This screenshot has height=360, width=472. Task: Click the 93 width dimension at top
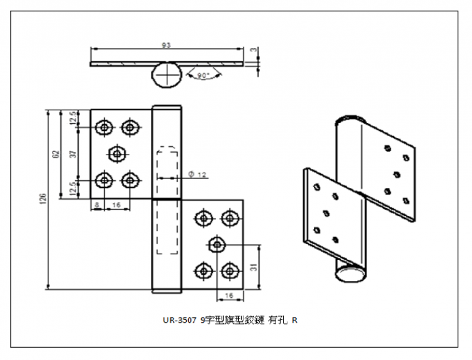[x=166, y=44]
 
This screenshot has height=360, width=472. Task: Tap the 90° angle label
[x=202, y=75]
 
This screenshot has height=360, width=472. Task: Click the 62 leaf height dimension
[x=55, y=153]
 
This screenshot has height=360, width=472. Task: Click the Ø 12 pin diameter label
[x=197, y=174]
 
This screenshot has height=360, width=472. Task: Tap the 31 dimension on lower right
[x=255, y=268]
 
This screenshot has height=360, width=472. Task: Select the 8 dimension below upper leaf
[x=97, y=205]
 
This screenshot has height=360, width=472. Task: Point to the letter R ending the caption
[x=294, y=320]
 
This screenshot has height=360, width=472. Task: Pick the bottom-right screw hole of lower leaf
[x=230, y=270]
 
